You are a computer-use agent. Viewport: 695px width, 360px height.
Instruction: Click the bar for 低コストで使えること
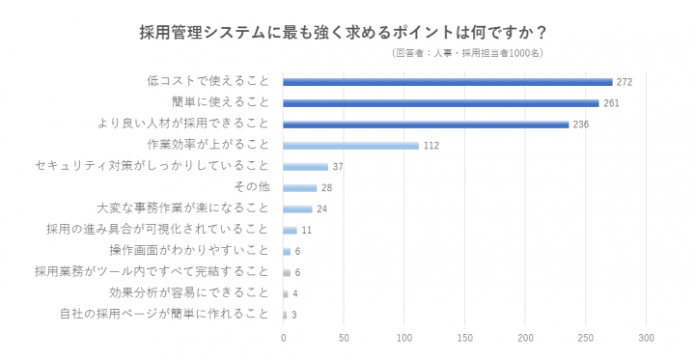447,82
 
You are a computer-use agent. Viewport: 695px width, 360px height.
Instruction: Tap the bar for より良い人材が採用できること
426,125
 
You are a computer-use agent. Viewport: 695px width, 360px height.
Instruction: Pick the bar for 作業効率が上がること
350,146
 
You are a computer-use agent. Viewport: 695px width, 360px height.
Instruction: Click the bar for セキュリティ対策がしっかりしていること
305,167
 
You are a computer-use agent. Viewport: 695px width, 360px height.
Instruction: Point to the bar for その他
299,188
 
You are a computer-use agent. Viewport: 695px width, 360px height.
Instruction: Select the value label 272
624,82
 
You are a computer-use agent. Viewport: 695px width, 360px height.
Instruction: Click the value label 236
580,125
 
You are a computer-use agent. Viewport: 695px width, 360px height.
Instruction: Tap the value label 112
431,146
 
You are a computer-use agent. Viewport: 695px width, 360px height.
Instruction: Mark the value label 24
321,209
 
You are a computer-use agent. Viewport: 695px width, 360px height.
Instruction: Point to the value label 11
306,231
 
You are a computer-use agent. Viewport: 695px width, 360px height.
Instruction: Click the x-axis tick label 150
464,338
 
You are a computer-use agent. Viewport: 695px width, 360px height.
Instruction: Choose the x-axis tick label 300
646,338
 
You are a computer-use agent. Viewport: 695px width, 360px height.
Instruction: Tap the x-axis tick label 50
344,338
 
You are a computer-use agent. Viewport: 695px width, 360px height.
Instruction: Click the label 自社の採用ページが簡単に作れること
163,314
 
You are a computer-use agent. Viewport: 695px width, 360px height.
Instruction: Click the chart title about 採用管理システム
347,31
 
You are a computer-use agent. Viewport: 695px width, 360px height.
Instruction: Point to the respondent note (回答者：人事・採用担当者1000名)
467,54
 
